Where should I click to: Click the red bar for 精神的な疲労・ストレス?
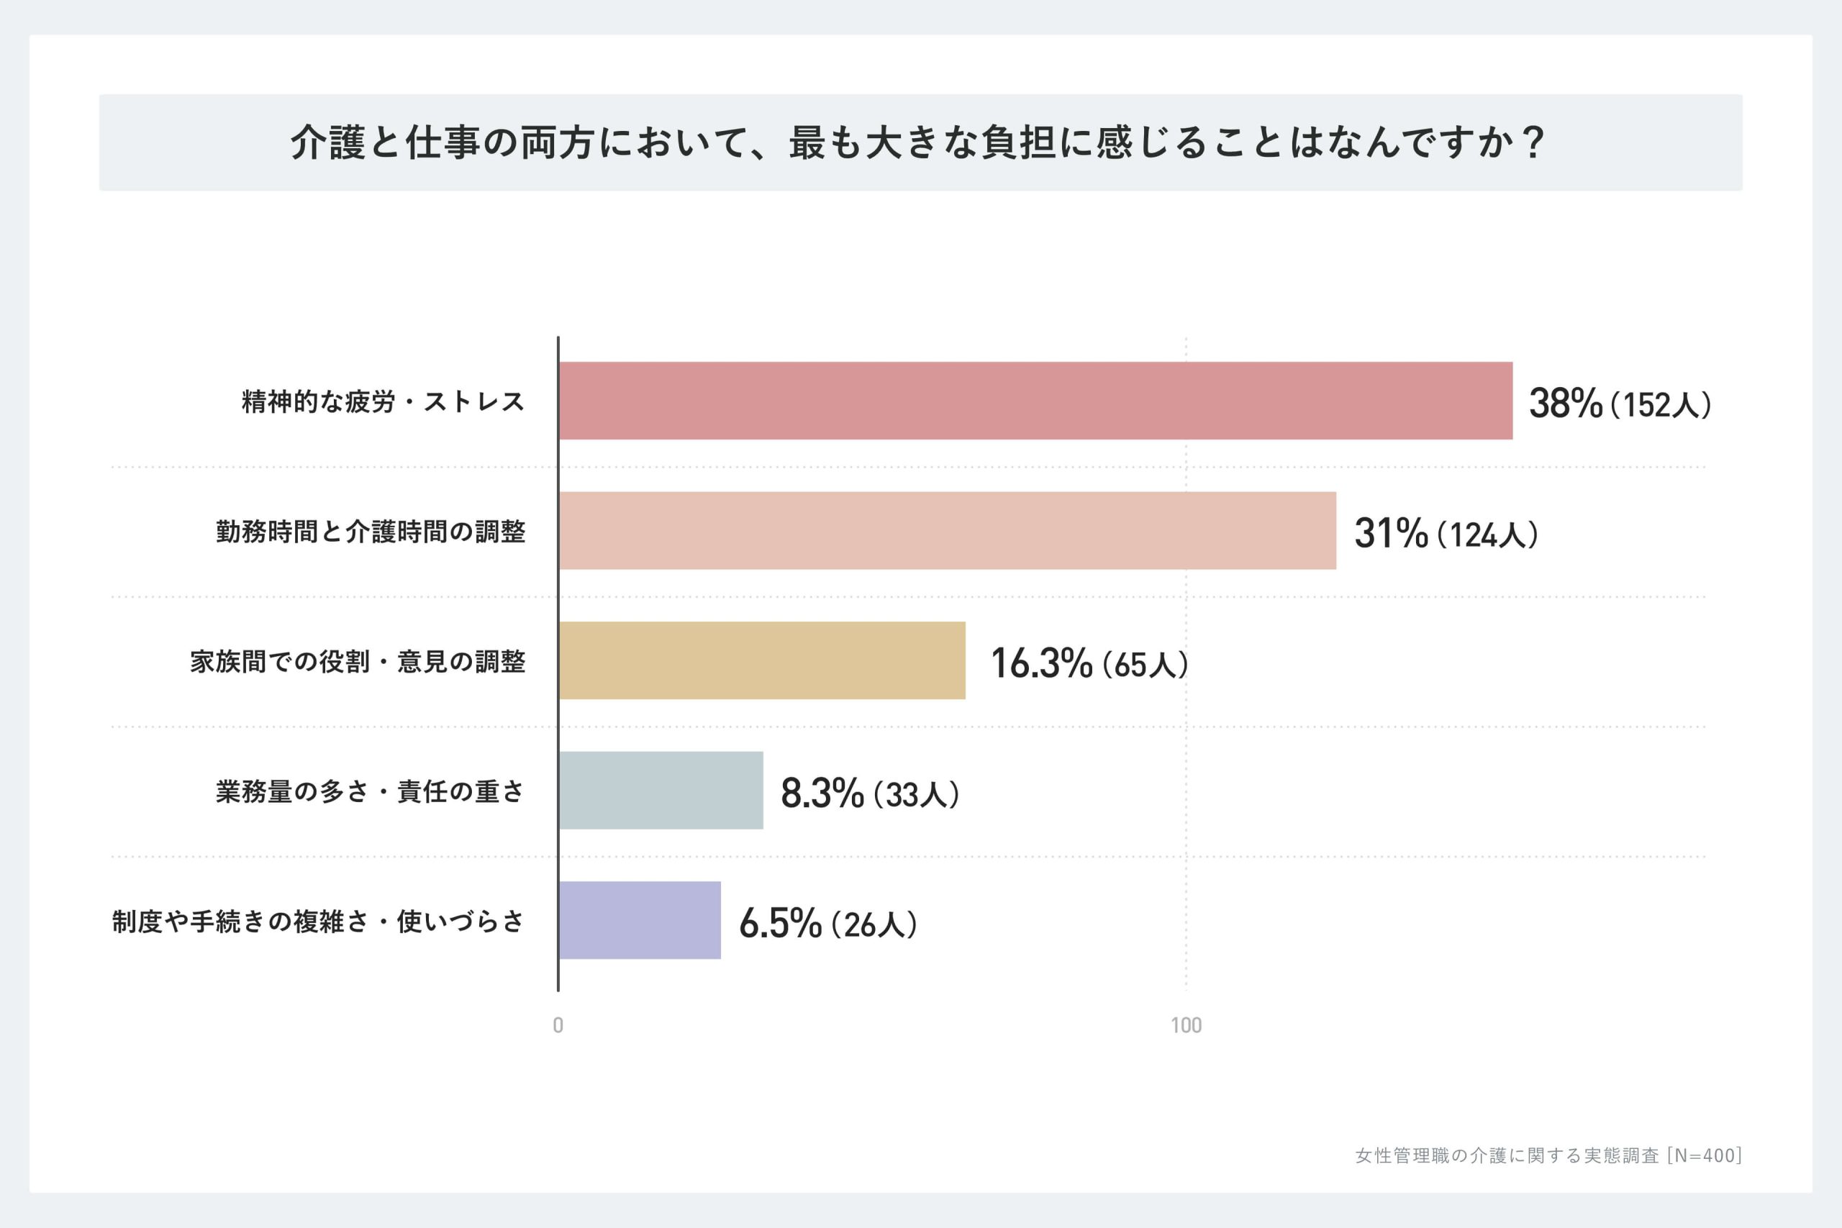pyautogui.click(x=1035, y=400)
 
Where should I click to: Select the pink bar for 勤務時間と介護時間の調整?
pyautogui.click(x=948, y=530)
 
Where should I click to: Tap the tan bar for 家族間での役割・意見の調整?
pyautogui.click(x=762, y=660)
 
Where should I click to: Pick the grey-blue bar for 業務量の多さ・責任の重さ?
pyautogui.click(x=661, y=790)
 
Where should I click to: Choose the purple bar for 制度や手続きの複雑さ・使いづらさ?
pyautogui.click(x=640, y=920)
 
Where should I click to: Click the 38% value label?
pyautogui.click(x=1566, y=404)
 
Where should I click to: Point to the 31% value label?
pyautogui.click(x=1391, y=533)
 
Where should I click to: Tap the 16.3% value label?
pyautogui.click(x=1042, y=663)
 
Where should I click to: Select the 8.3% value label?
pyautogui.click(x=822, y=793)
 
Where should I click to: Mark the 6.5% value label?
pyautogui.click(x=780, y=924)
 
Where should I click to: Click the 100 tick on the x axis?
pyautogui.click(x=1186, y=1025)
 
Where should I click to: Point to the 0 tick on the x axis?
pyautogui.click(x=558, y=1025)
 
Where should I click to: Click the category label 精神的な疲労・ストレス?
pyautogui.click(x=383, y=401)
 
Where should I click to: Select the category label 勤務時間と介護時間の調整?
pyautogui.click(x=371, y=532)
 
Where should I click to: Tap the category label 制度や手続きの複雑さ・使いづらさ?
pyautogui.click(x=318, y=922)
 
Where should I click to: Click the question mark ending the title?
pyautogui.click(x=1535, y=142)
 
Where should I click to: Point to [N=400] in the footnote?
pyautogui.click(x=1704, y=1155)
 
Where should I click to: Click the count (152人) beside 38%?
pyautogui.click(x=1660, y=405)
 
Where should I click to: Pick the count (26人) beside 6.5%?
pyautogui.click(x=874, y=925)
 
